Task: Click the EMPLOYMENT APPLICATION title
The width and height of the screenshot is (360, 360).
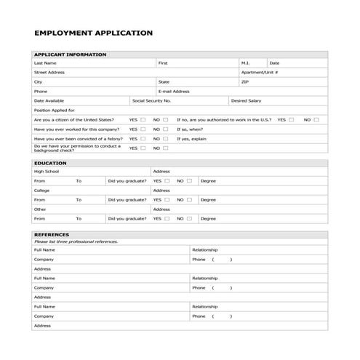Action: tap(94, 33)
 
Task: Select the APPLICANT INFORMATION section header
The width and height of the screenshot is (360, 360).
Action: tap(70, 55)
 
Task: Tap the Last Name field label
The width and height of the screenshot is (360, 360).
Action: tap(45, 63)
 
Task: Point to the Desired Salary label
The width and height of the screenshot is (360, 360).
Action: tap(245, 100)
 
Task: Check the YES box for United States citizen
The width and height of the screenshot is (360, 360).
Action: tap(143, 119)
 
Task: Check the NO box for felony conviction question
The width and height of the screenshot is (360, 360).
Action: tap(166, 138)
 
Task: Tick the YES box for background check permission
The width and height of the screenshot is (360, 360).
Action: tap(143, 148)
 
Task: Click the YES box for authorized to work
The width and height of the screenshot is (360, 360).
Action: tap(291, 119)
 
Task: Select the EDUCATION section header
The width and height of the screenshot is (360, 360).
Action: tap(51, 163)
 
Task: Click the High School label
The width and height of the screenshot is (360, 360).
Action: tap(47, 172)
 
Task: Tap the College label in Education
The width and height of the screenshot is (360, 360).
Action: tap(41, 191)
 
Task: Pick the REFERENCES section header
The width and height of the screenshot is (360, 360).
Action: tap(52, 235)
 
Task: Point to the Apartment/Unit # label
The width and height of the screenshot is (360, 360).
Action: tap(260, 73)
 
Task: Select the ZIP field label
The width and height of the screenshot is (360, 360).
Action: tap(244, 82)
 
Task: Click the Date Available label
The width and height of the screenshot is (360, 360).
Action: tap(49, 100)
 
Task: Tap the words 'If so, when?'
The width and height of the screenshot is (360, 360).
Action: tap(191, 129)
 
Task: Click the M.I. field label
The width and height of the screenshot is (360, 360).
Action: tap(244, 63)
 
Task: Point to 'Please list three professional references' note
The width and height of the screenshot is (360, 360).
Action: tap(75, 241)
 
